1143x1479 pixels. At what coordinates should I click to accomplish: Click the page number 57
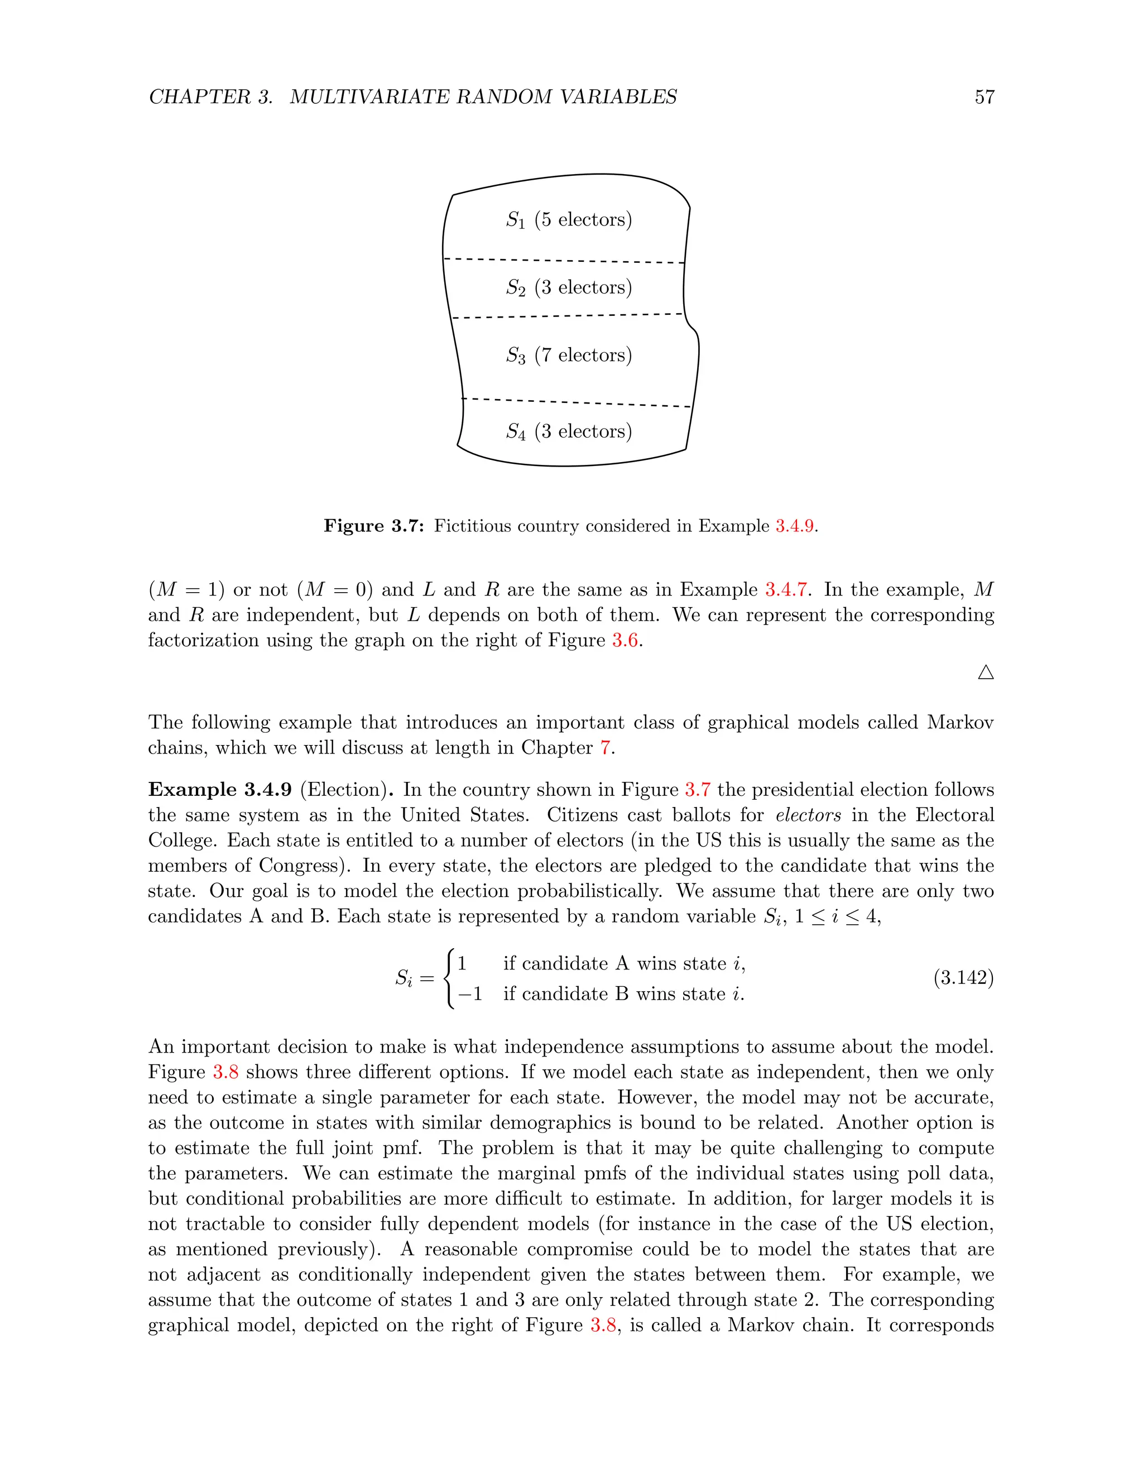point(984,97)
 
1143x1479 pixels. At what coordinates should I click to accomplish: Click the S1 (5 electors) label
point(568,219)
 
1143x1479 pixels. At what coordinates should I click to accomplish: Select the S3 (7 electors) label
point(568,355)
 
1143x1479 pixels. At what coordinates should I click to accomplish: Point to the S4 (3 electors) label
point(568,431)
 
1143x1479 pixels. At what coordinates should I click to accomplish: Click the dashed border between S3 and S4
point(575,402)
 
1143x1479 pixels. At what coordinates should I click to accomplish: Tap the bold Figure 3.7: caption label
point(374,526)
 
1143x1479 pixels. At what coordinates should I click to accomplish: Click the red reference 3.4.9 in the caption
point(794,526)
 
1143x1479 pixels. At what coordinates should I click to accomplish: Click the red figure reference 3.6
point(625,640)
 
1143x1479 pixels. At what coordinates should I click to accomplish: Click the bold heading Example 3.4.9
point(220,790)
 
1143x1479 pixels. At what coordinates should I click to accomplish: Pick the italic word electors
point(808,815)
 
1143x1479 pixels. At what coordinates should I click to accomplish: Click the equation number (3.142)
point(963,978)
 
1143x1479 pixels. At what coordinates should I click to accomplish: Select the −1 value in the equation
point(470,993)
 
